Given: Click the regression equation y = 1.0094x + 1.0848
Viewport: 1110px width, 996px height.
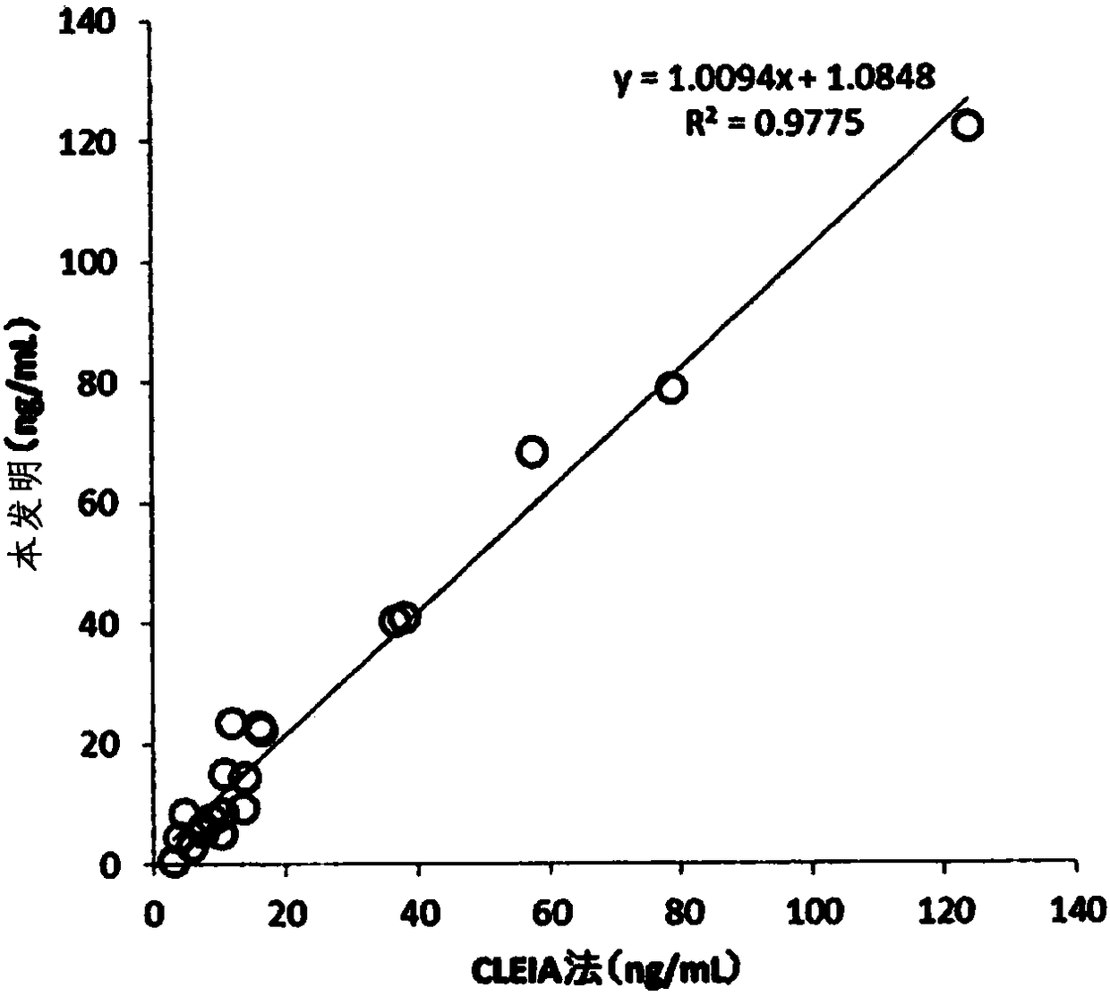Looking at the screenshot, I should coord(774,78).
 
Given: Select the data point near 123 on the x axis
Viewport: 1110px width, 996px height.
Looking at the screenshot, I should coord(968,125).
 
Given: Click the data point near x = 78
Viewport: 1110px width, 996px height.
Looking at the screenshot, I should coord(671,387).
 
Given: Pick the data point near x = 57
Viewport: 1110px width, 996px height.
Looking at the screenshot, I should coord(532,452).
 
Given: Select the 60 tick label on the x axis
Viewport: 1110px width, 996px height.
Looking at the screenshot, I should coord(551,913).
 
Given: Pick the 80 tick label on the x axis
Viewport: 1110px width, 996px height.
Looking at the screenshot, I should coord(682,913).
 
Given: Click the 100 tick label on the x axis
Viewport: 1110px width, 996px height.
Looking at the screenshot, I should coord(815,913).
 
